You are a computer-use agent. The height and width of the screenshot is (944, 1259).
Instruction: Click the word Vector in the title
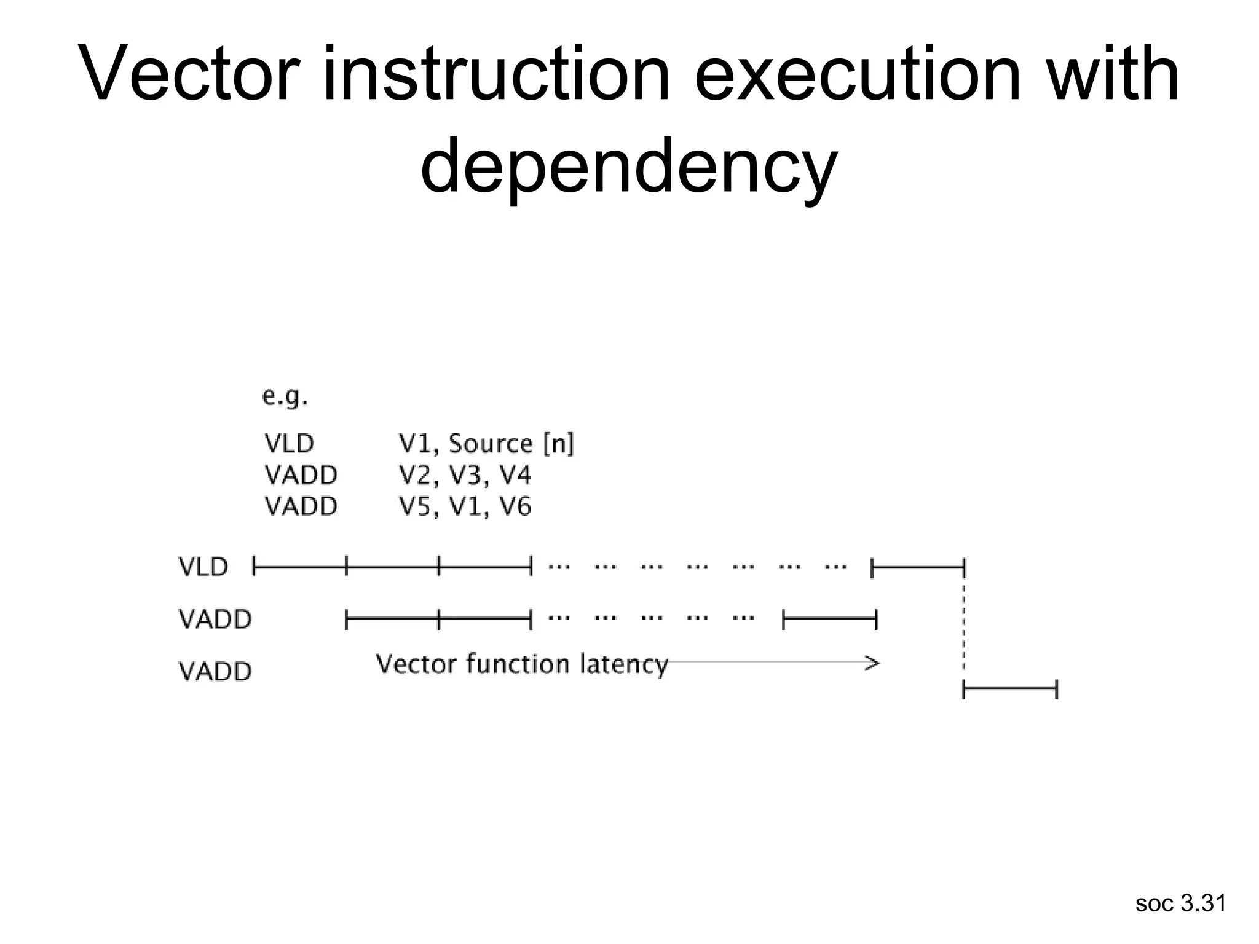(191, 75)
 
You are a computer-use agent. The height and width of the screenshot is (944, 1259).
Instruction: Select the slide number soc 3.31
(1180, 903)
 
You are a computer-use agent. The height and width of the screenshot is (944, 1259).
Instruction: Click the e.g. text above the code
(285, 397)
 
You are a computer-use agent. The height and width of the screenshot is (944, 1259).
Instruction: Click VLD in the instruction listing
(289, 443)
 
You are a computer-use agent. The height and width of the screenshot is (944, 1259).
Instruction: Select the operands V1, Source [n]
(486, 443)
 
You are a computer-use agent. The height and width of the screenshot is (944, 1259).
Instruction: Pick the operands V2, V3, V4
(465, 475)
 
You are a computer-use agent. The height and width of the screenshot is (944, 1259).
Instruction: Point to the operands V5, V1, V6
(465, 507)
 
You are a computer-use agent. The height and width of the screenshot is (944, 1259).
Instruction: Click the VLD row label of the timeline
(203, 567)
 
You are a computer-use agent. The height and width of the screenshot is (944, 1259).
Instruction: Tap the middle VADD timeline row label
(215, 619)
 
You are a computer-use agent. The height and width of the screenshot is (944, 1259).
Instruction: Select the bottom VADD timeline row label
(215, 671)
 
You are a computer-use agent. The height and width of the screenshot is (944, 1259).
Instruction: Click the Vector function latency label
(521, 664)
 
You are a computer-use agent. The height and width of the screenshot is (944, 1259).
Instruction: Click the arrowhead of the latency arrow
(873, 663)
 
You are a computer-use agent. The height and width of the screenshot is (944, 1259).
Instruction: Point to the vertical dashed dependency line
(963, 627)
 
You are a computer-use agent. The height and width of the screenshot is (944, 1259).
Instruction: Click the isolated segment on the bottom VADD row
(1009, 690)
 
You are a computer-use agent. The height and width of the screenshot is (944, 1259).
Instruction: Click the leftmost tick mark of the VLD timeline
(255, 565)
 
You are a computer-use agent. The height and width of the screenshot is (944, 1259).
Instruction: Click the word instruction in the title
(496, 75)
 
